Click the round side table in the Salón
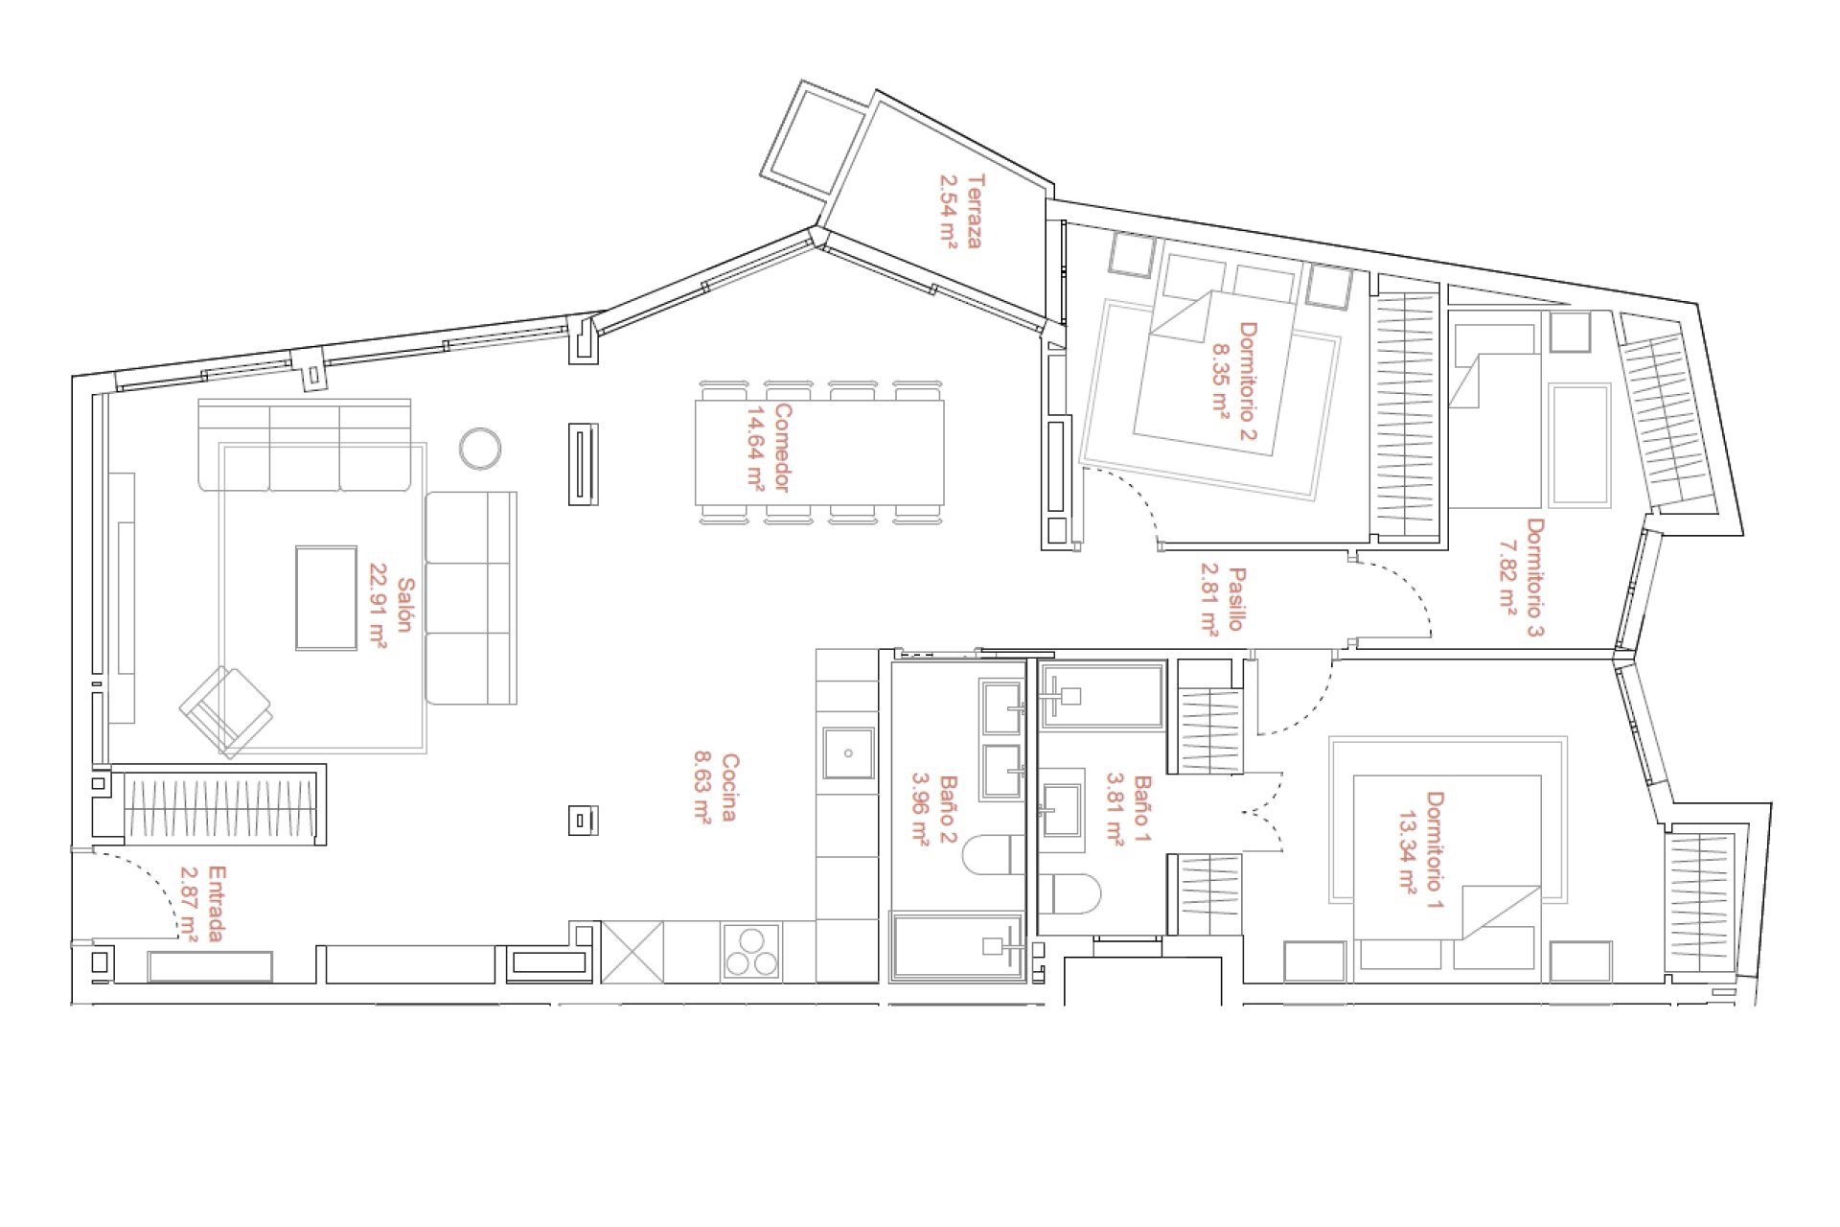click(480, 448)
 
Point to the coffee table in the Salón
click(326, 598)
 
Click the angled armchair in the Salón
click(226, 712)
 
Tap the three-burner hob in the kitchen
click(751, 951)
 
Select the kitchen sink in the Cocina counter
click(848, 753)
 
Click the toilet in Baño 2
click(994, 855)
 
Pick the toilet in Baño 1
click(1069, 892)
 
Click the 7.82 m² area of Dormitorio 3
click(1507, 575)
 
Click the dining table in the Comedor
click(819, 452)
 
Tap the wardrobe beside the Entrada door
click(219, 805)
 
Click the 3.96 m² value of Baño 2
click(920, 809)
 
